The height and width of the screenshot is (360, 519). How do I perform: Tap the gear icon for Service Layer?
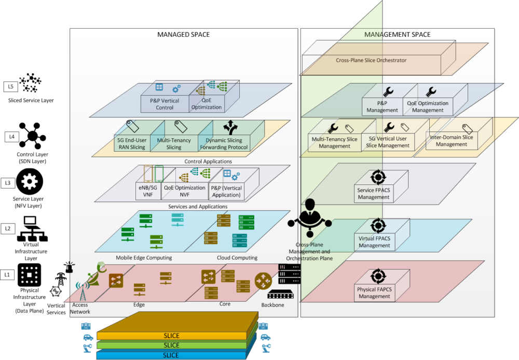30,182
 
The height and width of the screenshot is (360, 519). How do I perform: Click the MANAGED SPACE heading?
183,35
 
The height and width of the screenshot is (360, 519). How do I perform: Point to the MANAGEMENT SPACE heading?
397,35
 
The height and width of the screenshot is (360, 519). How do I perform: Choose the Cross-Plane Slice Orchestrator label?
371,60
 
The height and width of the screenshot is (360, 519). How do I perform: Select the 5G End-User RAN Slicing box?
131,144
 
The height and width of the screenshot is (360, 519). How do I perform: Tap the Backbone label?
272,305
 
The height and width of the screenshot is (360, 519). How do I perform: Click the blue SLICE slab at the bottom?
171,355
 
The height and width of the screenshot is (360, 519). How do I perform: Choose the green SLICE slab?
171,345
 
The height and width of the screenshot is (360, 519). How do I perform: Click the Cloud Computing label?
237,258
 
